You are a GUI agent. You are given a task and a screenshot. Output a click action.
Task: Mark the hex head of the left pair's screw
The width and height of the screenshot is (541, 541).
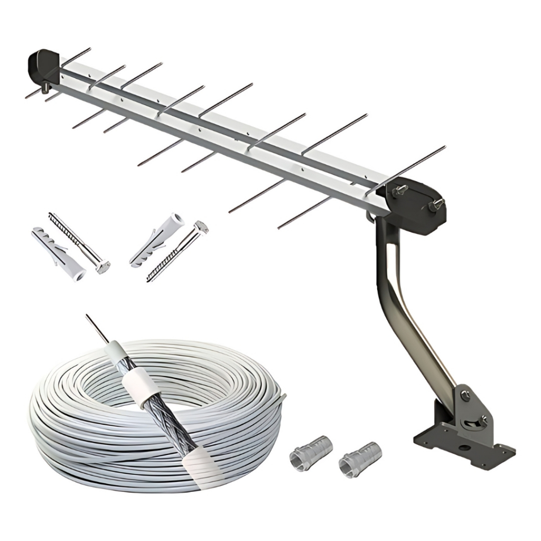tap(102, 267)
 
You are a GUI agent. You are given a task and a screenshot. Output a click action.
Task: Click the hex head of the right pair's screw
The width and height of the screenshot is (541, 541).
tap(201, 227)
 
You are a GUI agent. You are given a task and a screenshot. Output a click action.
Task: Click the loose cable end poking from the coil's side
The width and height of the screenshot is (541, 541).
tap(283, 396)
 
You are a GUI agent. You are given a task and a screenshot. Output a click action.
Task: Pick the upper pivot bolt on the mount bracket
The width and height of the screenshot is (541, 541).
tap(465, 394)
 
